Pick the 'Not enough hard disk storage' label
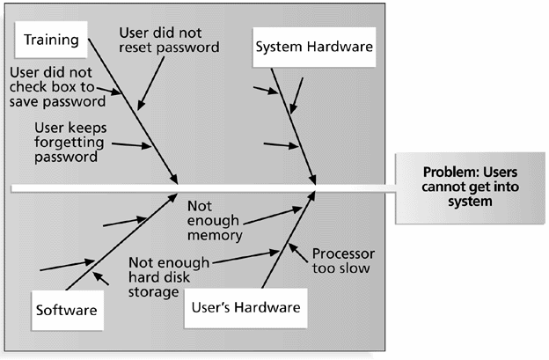(x=169, y=276)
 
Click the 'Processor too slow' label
(x=341, y=261)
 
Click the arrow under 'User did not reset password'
(x=148, y=84)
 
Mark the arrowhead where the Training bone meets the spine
(x=179, y=179)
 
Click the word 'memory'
(x=212, y=235)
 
